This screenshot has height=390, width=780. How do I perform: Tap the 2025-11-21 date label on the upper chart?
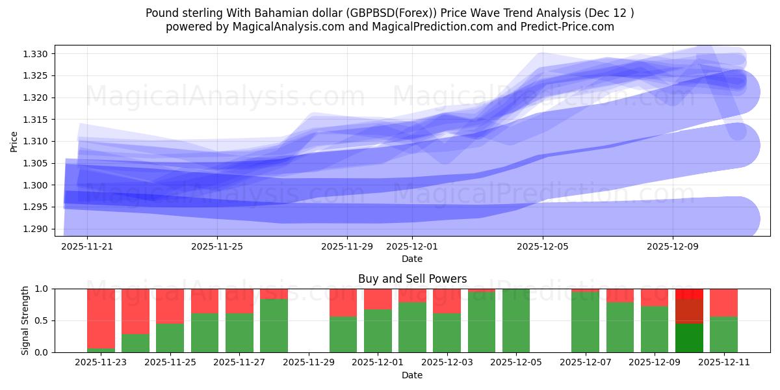87,246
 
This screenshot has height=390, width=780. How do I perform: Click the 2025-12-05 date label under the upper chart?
543,246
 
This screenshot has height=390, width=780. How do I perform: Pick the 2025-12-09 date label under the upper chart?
673,246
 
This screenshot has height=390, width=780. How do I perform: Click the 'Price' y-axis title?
14,140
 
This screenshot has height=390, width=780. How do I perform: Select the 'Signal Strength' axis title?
25,320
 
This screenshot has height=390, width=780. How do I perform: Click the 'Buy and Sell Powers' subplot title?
412,279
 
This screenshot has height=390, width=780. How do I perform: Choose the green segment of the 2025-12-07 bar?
585,322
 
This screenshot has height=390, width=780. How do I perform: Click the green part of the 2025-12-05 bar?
516,320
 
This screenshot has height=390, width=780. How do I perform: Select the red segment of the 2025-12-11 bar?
723,302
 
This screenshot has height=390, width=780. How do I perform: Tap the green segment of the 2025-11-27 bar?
239,333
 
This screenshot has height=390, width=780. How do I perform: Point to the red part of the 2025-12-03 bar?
447,301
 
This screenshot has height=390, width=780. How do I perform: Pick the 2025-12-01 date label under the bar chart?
378,363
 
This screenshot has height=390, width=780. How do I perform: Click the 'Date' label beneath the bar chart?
412,375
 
